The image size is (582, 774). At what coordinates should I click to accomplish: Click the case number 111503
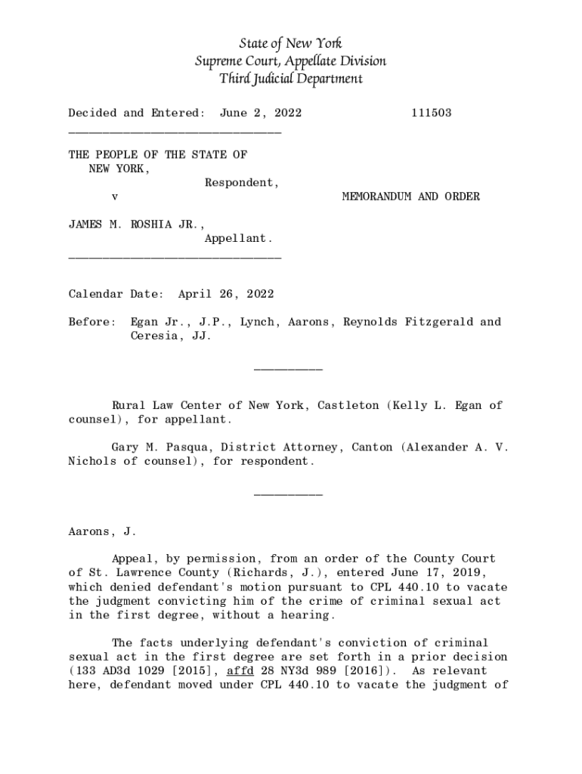click(432, 113)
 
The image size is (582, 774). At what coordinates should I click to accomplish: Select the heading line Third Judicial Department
click(291, 79)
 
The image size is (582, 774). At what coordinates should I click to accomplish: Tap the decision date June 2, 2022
click(261, 113)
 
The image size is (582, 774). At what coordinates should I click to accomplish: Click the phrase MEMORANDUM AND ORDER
click(410, 197)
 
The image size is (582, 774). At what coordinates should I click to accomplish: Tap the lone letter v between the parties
click(114, 197)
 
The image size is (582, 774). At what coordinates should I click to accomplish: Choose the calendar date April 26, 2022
click(225, 294)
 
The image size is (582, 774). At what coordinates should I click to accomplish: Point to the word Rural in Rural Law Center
click(128, 406)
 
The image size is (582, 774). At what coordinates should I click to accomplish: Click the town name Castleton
click(348, 406)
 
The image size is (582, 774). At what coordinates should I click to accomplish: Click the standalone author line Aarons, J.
click(102, 531)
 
